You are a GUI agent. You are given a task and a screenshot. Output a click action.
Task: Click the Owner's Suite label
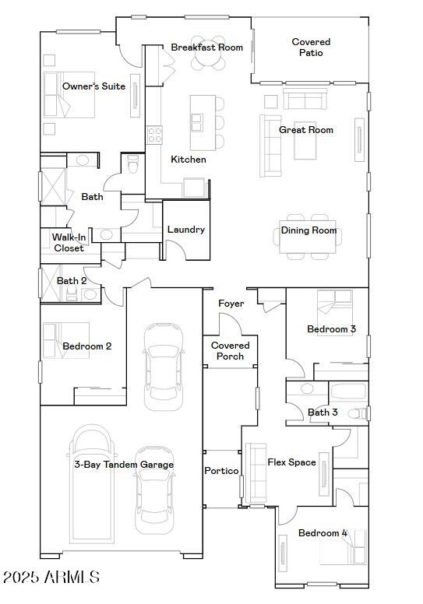(x=93, y=86)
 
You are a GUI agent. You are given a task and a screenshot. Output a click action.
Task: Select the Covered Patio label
(x=311, y=47)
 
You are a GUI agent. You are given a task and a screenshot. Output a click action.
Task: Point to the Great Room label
(x=306, y=130)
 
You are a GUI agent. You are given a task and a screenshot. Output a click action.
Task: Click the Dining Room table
(x=309, y=231)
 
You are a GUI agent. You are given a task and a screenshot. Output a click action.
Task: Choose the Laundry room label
(x=186, y=230)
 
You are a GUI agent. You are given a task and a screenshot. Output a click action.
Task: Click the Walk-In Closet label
(x=69, y=243)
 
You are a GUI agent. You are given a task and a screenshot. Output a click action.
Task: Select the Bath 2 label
(x=72, y=280)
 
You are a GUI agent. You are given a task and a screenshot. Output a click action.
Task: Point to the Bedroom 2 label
(x=87, y=346)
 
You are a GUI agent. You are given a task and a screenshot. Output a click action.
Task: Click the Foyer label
(x=231, y=304)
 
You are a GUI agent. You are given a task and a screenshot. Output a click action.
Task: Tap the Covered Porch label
(x=231, y=350)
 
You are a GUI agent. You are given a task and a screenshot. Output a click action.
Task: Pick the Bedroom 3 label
(x=331, y=329)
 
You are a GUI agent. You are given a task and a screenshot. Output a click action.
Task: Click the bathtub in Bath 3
(x=354, y=391)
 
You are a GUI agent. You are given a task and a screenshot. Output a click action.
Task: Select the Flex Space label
(x=292, y=462)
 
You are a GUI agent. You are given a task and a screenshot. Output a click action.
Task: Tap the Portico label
(x=221, y=471)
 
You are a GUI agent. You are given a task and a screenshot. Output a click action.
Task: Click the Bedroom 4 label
(x=323, y=533)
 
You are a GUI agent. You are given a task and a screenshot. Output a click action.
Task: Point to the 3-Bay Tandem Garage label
(x=124, y=465)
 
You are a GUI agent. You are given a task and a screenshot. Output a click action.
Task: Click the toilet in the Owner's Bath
(x=132, y=165)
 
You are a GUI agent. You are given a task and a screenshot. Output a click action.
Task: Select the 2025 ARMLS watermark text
(x=51, y=578)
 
